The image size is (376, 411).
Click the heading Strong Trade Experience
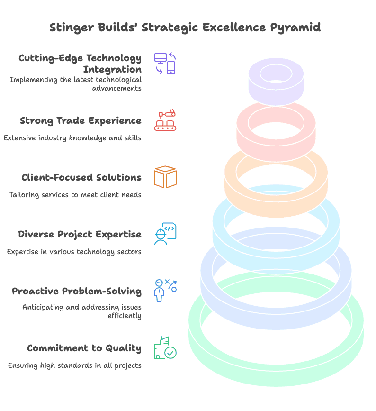tap(81, 121)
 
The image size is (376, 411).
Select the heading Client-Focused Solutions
tap(81, 178)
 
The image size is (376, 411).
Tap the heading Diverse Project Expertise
tap(80, 235)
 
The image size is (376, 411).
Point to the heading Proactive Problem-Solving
tap(77, 291)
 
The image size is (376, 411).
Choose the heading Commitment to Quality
tap(84, 348)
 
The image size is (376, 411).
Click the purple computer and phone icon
tap(165, 64)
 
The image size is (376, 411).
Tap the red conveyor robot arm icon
tap(165, 120)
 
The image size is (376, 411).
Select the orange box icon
tap(165, 177)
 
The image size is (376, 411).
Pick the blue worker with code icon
tap(165, 234)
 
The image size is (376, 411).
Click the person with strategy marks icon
tap(165, 290)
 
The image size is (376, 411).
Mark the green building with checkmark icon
tap(165, 348)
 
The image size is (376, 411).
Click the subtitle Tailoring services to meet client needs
tap(75, 195)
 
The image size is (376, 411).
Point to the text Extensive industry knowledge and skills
tap(72, 138)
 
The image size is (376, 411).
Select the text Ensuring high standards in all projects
tap(74, 365)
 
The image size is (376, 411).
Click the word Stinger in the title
tap(70, 27)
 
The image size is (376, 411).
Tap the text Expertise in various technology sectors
tap(74, 252)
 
